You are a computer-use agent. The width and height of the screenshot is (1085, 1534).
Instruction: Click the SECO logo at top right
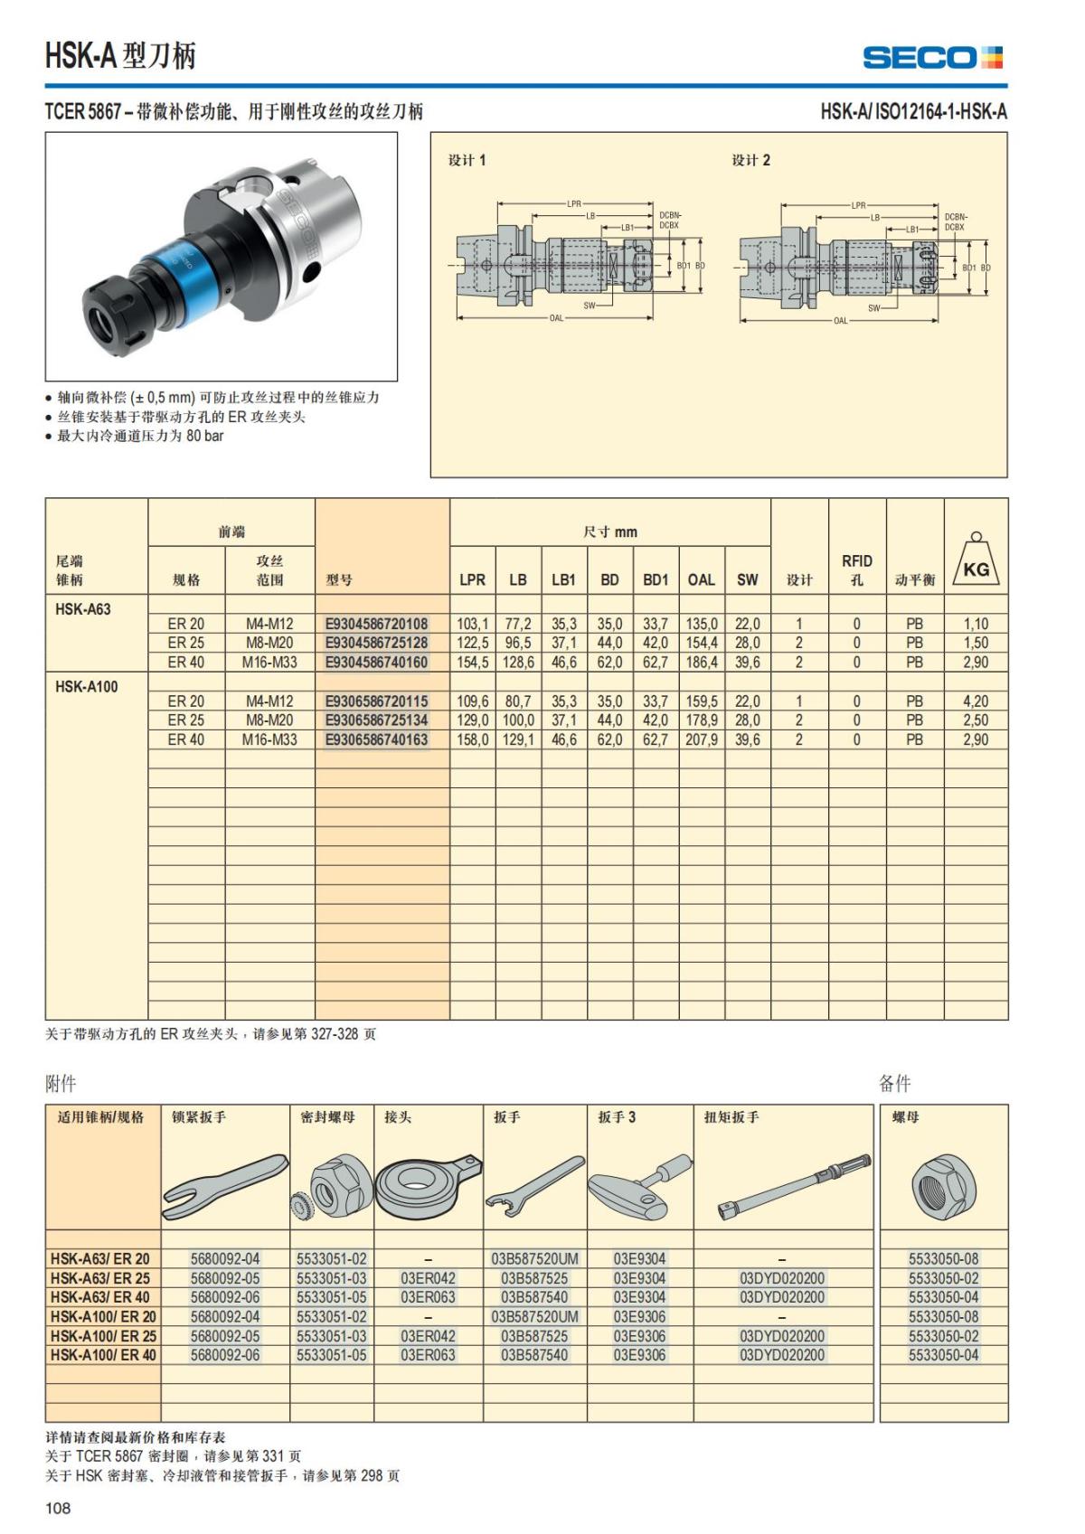pos(933,58)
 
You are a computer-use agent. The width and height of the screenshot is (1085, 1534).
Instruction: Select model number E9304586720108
pos(376,624)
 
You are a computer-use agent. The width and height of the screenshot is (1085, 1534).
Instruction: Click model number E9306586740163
pos(376,739)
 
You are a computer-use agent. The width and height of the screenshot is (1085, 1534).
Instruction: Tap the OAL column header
pos(701,579)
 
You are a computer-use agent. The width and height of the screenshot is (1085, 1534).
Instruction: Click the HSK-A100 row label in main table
pos(86,686)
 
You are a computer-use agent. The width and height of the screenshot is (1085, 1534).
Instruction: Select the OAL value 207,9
pos(701,739)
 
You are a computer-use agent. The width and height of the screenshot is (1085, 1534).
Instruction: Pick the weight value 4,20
pos(976,701)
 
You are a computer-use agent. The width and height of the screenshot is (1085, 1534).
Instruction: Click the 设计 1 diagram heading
pos(467,160)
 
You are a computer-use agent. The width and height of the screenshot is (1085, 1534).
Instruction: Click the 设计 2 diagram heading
pos(750,160)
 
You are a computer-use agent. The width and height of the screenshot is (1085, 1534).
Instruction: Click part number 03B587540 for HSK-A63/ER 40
pos(534,1297)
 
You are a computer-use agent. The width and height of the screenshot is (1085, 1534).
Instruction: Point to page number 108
pos(57,1508)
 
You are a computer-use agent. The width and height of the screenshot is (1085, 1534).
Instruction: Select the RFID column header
pos(856,569)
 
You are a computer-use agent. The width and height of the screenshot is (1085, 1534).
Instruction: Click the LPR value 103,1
pos(472,624)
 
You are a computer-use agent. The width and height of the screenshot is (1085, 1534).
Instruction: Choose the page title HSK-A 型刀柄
pos(120,56)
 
